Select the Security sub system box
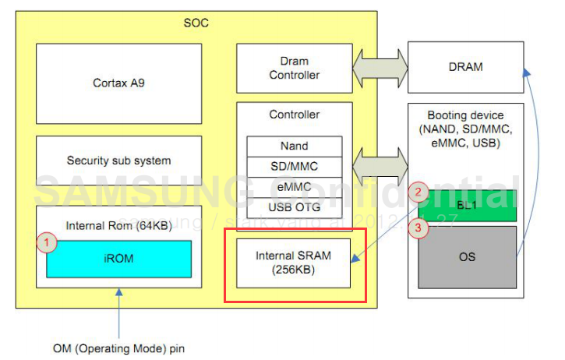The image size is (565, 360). point(118,161)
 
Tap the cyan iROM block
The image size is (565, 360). point(118,258)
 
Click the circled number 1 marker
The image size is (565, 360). point(47,243)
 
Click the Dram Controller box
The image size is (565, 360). point(294,68)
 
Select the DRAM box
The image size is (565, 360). point(465,67)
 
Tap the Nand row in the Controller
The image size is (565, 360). point(294,146)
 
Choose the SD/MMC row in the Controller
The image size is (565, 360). point(294,166)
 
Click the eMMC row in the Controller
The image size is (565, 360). point(294,187)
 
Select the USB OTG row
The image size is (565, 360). point(294,207)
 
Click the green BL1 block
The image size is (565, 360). point(468,206)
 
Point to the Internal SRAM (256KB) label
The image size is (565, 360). point(294,263)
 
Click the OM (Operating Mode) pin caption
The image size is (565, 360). point(119,348)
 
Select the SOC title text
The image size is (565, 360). point(196,23)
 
